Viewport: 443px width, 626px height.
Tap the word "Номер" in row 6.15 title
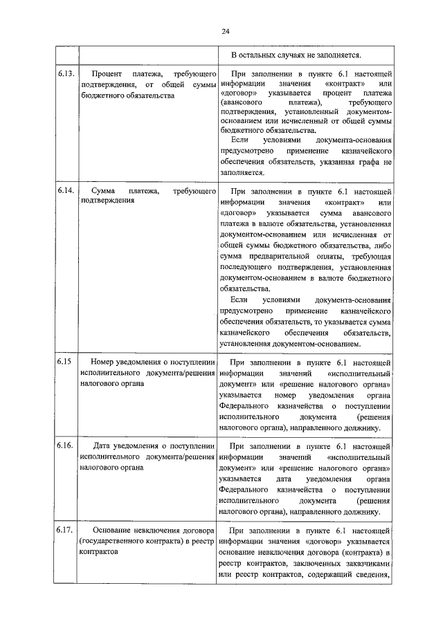click(x=106, y=362)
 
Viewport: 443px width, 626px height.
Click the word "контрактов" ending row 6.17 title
click(x=99, y=553)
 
